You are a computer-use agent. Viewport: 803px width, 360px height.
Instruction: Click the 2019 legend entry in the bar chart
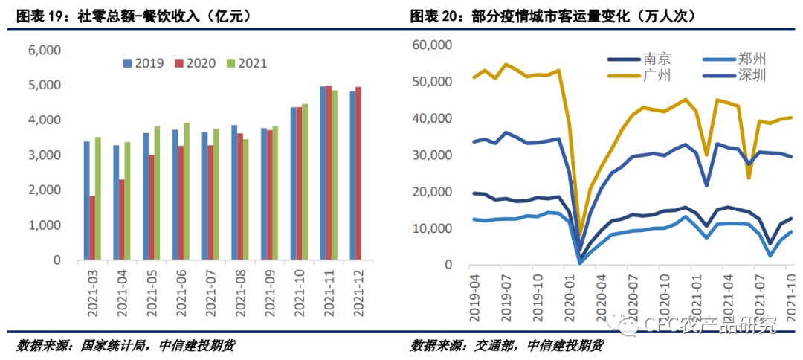[143, 63]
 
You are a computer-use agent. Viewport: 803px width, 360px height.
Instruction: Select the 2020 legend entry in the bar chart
[195, 63]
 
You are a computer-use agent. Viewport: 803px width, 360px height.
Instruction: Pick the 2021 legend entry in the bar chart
[245, 63]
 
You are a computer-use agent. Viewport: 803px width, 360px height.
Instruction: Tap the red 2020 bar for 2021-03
[92, 228]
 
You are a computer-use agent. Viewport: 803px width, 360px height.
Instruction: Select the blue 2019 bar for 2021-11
[323, 173]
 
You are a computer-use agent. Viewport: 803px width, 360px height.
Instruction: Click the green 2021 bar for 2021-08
[246, 200]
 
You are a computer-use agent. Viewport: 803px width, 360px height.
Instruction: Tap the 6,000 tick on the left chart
[44, 50]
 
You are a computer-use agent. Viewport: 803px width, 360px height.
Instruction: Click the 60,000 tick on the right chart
[432, 45]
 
